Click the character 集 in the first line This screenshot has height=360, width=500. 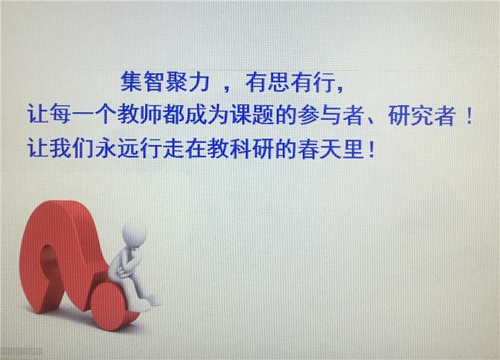click(x=131, y=81)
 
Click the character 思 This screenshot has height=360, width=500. click(x=279, y=82)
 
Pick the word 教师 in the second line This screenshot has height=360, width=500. click(x=139, y=114)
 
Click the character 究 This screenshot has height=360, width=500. click(x=421, y=115)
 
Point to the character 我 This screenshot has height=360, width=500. click(x=61, y=148)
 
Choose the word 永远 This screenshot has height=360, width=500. click(x=117, y=148)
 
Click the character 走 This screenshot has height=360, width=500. click(x=174, y=148)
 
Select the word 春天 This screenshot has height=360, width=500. click(x=319, y=148)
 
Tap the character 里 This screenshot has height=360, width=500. click(x=354, y=148)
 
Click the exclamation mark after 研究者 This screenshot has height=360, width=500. click(x=469, y=115)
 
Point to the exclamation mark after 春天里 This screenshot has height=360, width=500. click(x=371, y=149)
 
